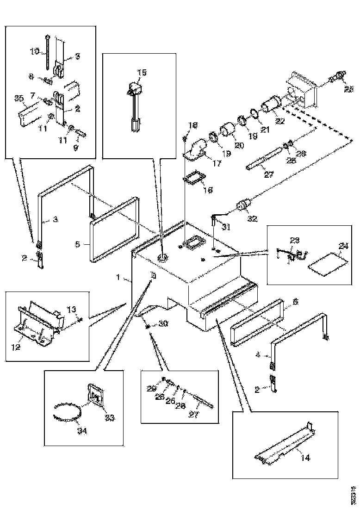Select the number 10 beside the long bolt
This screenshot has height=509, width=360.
[35, 52]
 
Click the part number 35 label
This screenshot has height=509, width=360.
[19, 98]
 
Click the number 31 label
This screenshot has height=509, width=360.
[225, 226]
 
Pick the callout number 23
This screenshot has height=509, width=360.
[295, 240]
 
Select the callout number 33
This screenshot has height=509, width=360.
[110, 417]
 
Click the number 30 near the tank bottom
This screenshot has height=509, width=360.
[162, 324]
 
